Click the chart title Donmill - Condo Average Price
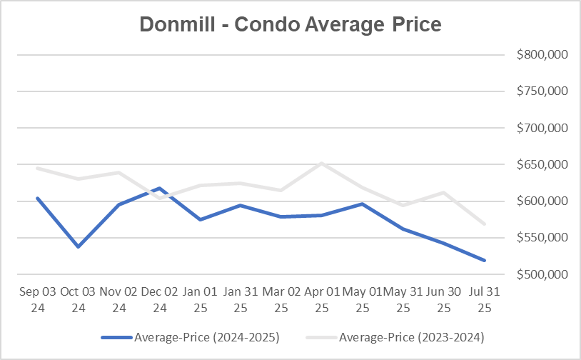[290, 24]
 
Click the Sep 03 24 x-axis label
[37, 300]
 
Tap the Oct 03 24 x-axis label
[78, 300]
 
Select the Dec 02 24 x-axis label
[159, 300]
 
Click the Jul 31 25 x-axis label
[485, 300]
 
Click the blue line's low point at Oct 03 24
[78, 247]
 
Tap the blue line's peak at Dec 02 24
[159, 189]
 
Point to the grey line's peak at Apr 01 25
[322, 163]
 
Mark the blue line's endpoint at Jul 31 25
[485, 261]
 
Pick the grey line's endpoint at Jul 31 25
[485, 224]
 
